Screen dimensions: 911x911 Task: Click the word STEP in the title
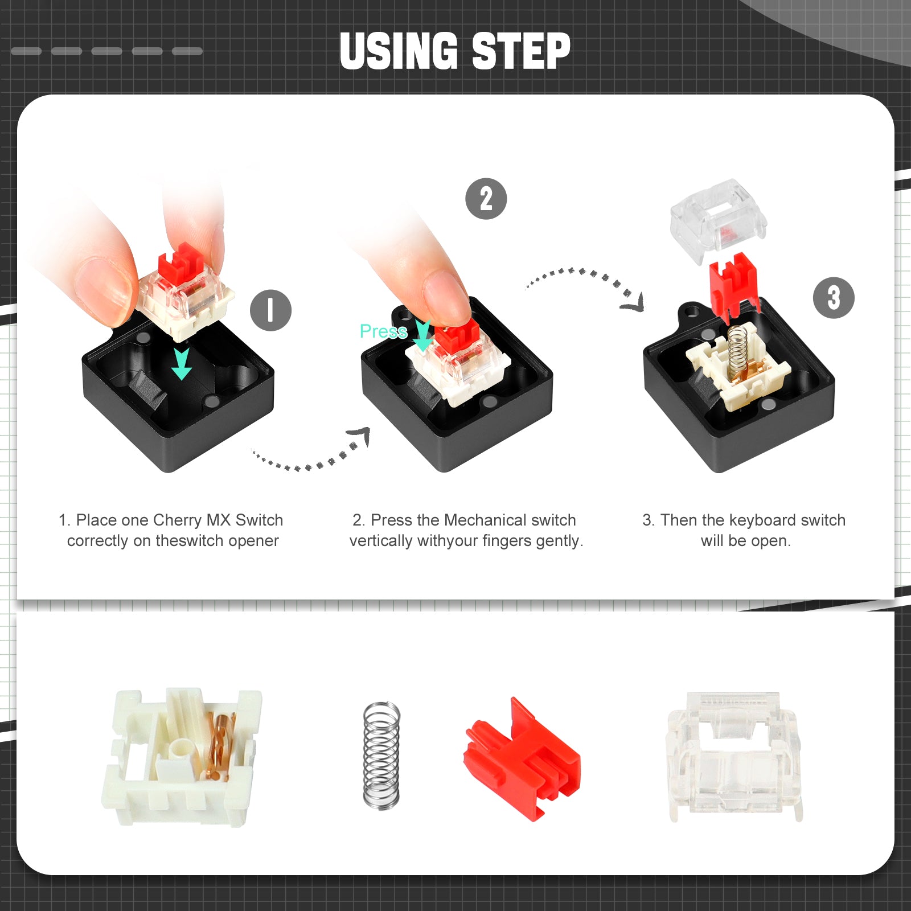520,51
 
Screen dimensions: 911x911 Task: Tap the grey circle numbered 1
271,310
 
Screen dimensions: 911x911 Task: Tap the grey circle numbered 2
486,199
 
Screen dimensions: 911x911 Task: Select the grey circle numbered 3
834,298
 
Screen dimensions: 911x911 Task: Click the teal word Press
383,331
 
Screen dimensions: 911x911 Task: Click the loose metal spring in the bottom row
381,755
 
